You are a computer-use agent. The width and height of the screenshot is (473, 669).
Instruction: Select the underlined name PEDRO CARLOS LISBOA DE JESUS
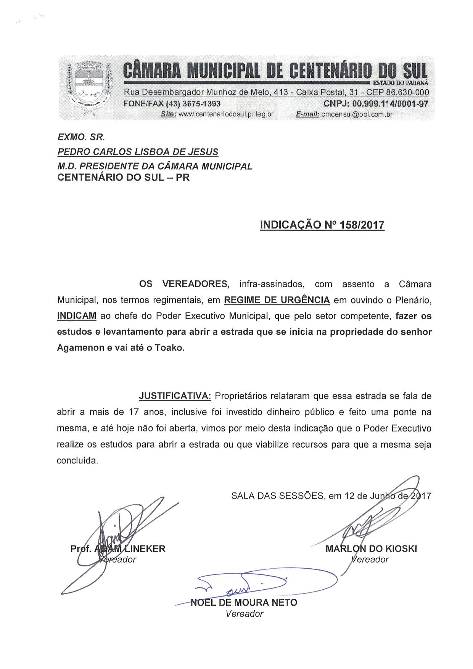(x=138, y=152)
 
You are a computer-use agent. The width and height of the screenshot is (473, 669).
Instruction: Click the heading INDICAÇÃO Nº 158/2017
(x=322, y=225)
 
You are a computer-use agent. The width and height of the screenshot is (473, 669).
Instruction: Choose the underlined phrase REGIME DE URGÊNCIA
(x=277, y=300)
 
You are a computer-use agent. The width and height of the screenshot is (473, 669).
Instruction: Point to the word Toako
(x=169, y=348)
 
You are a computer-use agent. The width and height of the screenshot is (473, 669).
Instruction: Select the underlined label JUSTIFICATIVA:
(x=175, y=396)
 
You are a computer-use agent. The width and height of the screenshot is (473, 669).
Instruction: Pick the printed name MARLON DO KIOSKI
(x=371, y=549)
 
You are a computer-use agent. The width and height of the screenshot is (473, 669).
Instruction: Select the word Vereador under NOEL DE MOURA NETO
(x=244, y=614)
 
